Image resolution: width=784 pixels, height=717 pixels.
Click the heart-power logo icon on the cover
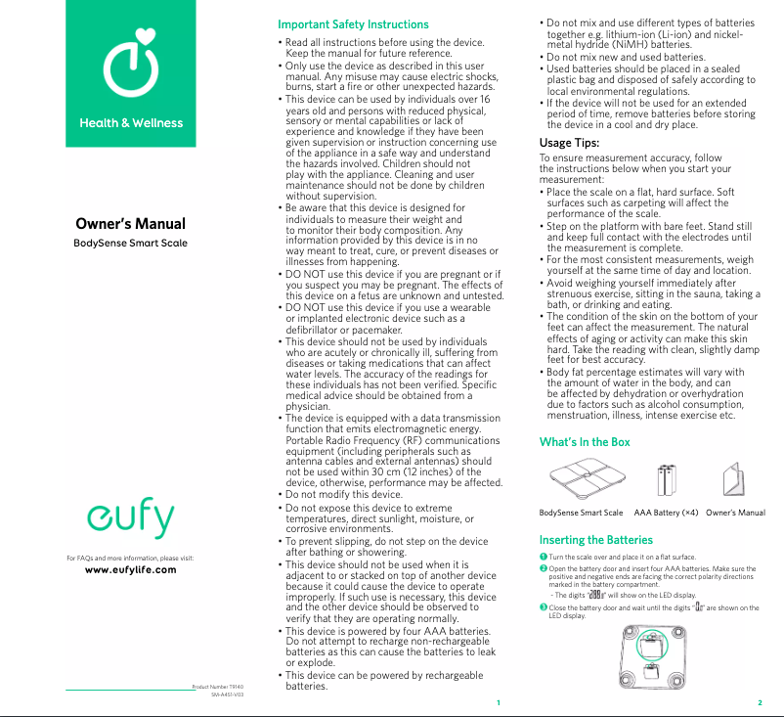click(131, 63)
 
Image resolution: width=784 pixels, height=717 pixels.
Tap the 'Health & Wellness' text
click(131, 123)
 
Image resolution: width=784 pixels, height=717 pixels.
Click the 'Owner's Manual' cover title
click(131, 224)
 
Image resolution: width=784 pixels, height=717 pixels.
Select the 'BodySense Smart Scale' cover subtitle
click(131, 243)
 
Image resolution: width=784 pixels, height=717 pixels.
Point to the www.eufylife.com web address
click(131, 570)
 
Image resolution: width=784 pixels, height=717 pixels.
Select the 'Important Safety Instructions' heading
click(353, 24)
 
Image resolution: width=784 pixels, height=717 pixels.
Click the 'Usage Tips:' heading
click(569, 143)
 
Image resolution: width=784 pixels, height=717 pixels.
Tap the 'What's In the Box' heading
click(585, 442)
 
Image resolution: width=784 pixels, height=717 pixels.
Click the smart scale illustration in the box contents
click(581, 481)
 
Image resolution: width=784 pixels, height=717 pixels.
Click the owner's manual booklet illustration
click(735, 481)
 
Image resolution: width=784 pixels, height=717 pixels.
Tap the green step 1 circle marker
click(544, 557)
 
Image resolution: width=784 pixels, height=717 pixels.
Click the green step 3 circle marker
click(544, 607)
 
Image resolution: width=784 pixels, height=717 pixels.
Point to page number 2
click(760, 703)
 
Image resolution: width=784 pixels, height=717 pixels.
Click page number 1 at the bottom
click(498, 703)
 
